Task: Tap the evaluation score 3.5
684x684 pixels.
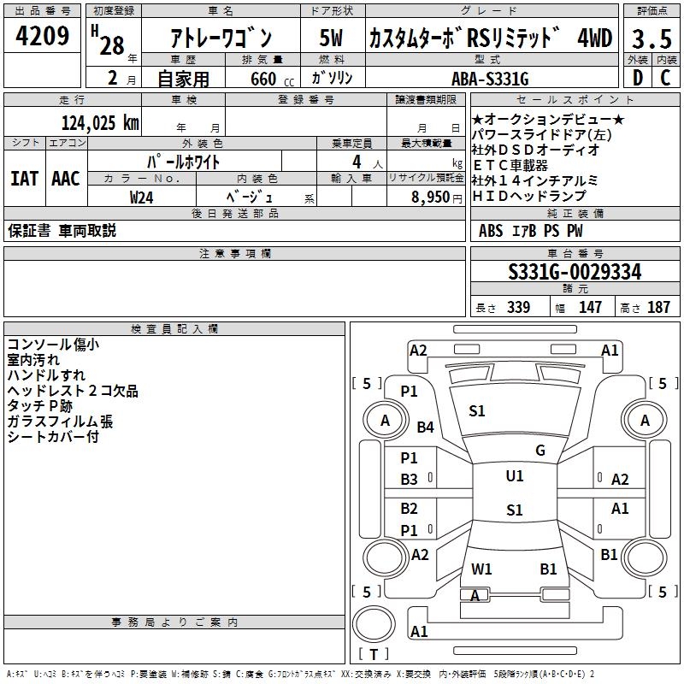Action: (651, 38)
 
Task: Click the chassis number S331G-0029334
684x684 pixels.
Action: (575, 273)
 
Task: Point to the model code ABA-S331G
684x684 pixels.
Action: (496, 80)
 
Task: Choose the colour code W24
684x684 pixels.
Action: (142, 197)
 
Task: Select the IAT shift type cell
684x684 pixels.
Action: (24, 179)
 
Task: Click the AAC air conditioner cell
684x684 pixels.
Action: (66, 179)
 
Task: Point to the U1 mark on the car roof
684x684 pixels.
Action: (514, 476)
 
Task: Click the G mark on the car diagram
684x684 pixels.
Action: (540, 451)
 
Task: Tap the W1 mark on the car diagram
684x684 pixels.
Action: (481, 569)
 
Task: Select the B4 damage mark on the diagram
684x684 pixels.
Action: (426, 427)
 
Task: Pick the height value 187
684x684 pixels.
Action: (658, 308)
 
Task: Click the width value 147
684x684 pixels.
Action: (590, 308)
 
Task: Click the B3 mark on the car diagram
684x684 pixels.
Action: (410, 480)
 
